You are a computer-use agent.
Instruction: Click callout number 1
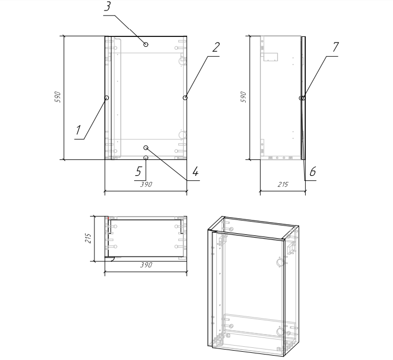pyautogui.click(x=78, y=130)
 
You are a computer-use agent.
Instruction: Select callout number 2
pyautogui.click(x=216, y=47)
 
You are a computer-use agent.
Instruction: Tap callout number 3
pyautogui.click(x=107, y=7)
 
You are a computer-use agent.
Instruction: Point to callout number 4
pyautogui.click(x=195, y=172)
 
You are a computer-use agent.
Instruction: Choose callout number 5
pyautogui.click(x=139, y=172)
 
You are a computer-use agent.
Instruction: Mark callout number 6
pyautogui.click(x=312, y=172)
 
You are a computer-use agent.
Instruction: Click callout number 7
pyautogui.click(x=336, y=47)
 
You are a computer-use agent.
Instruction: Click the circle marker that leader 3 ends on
pyautogui.click(x=146, y=44)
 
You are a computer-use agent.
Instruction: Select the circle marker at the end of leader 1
pyautogui.click(x=107, y=98)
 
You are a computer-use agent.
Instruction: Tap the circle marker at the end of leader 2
pyautogui.click(x=185, y=98)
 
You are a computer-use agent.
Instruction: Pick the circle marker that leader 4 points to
pyautogui.click(x=146, y=148)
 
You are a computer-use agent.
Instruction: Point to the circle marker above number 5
pyautogui.click(x=146, y=158)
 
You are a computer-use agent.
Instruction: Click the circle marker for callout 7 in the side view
pyautogui.click(x=302, y=98)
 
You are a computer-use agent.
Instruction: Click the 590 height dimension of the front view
pyautogui.click(x=57, y=97)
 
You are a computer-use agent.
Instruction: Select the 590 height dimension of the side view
pyautogui.click(x=243, y=97)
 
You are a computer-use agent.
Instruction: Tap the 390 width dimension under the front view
pyautogui.click(x=146, y=185)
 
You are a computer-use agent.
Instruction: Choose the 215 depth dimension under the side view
pyautogui.click(x=283, y=185)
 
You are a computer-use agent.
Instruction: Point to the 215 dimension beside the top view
pyautogui.click(x=88, y=238)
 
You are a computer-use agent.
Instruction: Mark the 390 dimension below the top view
pyautogui.click(x=146, y=265)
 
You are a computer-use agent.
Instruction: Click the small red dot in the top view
pyautogui.click(x=108, y=218)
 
